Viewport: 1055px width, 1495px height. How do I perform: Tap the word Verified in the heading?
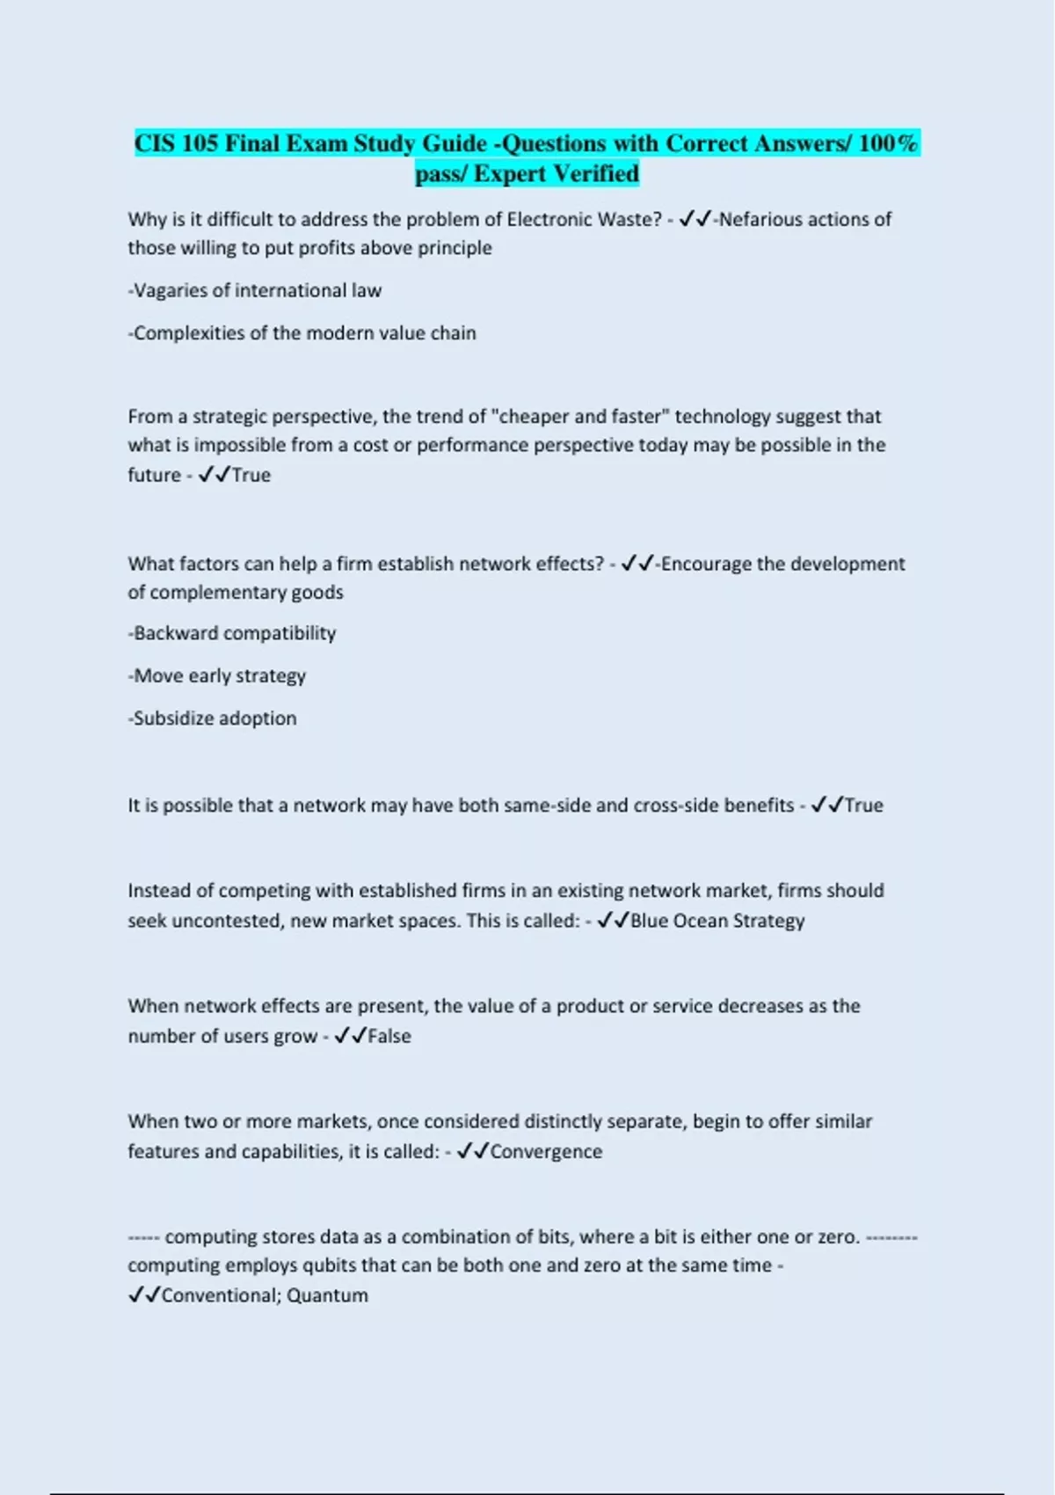[596, 174]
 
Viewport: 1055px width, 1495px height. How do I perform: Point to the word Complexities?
[189, 333]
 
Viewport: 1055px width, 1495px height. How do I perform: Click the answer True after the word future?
[251, 475]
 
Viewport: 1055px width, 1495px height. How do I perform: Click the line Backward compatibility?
[233, 633]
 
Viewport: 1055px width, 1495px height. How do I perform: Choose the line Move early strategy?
[218, 676]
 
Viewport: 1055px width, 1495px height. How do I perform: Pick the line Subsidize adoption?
[213, 718]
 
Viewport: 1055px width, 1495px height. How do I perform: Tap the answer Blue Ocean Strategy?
[717, 921]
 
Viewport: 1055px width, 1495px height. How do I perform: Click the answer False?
[389, 1036]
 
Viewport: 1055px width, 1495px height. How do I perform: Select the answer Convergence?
[546, 1151]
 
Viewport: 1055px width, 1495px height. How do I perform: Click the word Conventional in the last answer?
[219, 1295]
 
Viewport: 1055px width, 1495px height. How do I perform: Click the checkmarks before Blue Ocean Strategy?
[613, 921]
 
